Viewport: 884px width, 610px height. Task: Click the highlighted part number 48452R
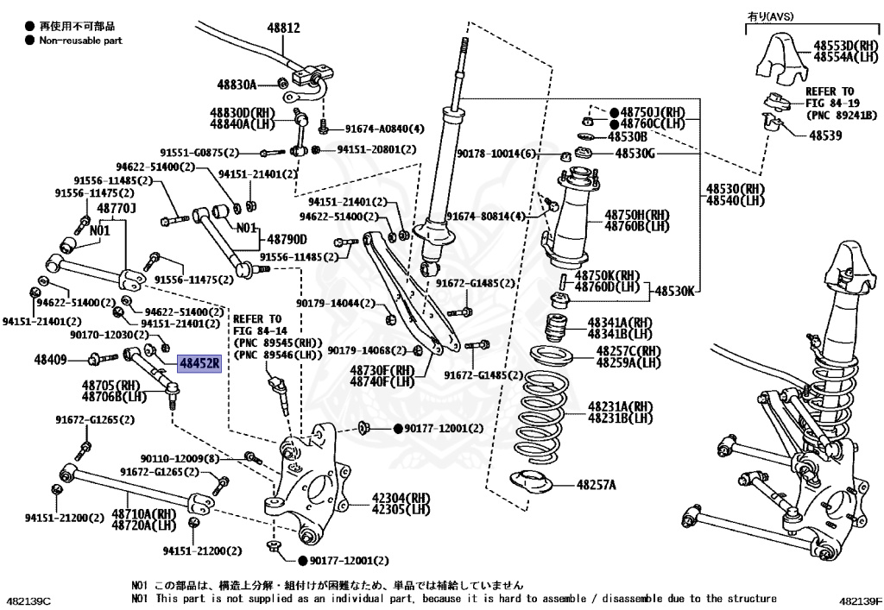[x=199, y=363]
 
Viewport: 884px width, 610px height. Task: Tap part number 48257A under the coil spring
[x=597, y=485]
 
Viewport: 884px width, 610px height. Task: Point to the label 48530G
[x=635, y=154]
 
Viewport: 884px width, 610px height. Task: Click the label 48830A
[x=237, y=85]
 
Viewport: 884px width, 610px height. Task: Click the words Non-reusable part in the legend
[x=80, y=40]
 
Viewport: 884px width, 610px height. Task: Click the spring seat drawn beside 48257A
[x=528, y=484]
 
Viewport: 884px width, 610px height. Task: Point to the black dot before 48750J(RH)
[x=614, y=113]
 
